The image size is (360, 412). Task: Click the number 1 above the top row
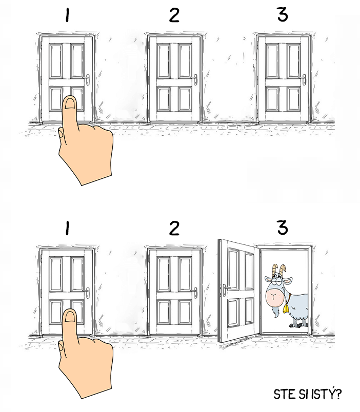tap(67, 15)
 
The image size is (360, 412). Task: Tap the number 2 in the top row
tap(174, 15)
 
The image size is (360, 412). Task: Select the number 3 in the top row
tap(283, 14)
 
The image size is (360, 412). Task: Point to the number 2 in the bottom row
tap(174, 228)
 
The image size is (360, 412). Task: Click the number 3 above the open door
tap(283, 228)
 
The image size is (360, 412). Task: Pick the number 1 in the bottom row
tap(67, 228)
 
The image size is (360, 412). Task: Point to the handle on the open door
tap(226, 289)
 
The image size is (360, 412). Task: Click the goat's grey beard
tap(275, 312)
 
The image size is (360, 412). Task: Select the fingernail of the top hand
tap(70, 103)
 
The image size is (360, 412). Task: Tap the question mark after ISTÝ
tap(338, 394)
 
